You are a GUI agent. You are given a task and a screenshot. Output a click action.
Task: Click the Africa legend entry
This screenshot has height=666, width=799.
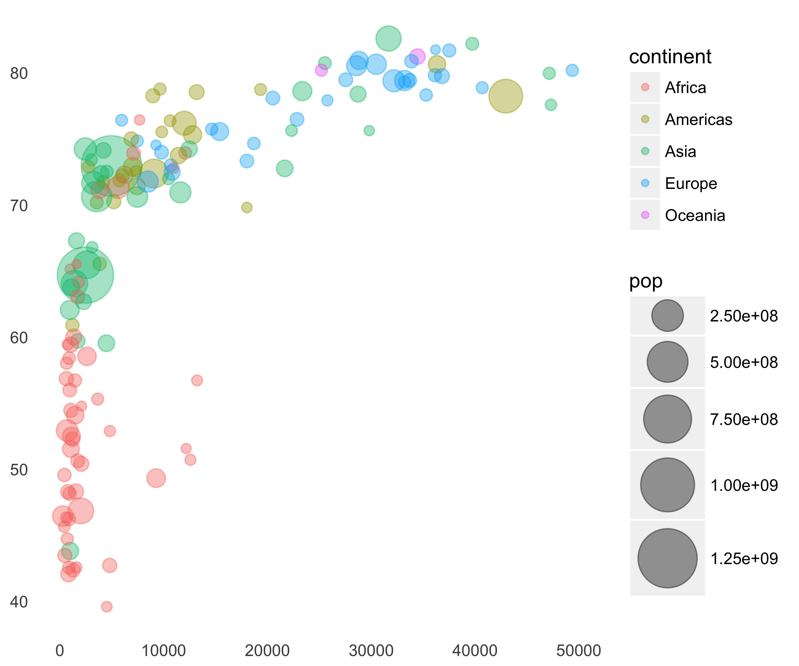[685, 87]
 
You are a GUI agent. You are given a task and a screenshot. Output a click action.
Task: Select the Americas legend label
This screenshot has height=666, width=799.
[698, 119]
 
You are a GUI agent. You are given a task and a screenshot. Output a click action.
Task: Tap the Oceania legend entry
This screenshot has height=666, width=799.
[695, 215]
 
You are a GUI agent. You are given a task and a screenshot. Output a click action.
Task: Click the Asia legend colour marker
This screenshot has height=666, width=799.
[645, 151]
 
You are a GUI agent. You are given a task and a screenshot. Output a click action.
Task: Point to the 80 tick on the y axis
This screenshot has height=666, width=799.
[19, 73]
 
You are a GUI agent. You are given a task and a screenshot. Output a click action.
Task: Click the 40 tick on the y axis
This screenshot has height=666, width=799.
[19, 602]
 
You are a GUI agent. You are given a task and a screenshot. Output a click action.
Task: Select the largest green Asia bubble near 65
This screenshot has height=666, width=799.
[85, 275]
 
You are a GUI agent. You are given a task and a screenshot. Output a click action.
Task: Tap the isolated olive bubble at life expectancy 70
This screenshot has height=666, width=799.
[247, 207]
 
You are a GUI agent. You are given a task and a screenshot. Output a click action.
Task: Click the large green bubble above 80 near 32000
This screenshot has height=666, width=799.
[388, 38]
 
